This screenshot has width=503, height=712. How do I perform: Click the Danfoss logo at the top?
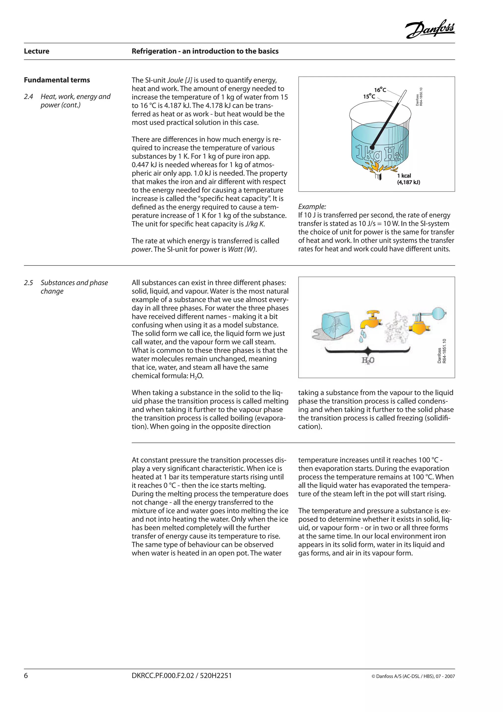coord(430,30)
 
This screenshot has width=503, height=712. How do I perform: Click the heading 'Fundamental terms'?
coord(57,80)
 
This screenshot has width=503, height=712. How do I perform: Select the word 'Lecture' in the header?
coord(37,51)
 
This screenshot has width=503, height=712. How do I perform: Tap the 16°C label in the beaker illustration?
coord(380,90)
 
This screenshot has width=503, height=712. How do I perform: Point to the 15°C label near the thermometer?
coord(369,96)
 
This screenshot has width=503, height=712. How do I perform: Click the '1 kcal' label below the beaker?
coord(404,176)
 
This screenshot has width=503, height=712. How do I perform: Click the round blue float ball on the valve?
coord(438,313)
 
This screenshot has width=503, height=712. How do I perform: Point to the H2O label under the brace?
coord(368,360)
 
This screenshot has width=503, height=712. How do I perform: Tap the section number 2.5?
coord(28,283)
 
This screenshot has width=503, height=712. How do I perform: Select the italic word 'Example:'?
coord(312,207)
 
